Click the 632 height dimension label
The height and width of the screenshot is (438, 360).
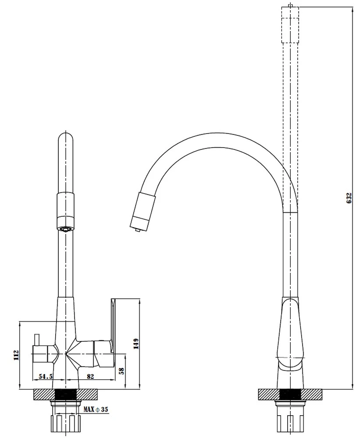tap(349, 198)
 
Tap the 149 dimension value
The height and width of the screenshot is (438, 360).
tap(136, 343)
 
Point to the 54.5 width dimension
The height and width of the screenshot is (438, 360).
tap(46, 376)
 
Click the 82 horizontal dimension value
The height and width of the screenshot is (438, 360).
tap(90, 376)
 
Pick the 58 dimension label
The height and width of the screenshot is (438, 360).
tap(121, 371)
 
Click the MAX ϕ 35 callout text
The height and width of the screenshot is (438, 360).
tap(96, 410)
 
